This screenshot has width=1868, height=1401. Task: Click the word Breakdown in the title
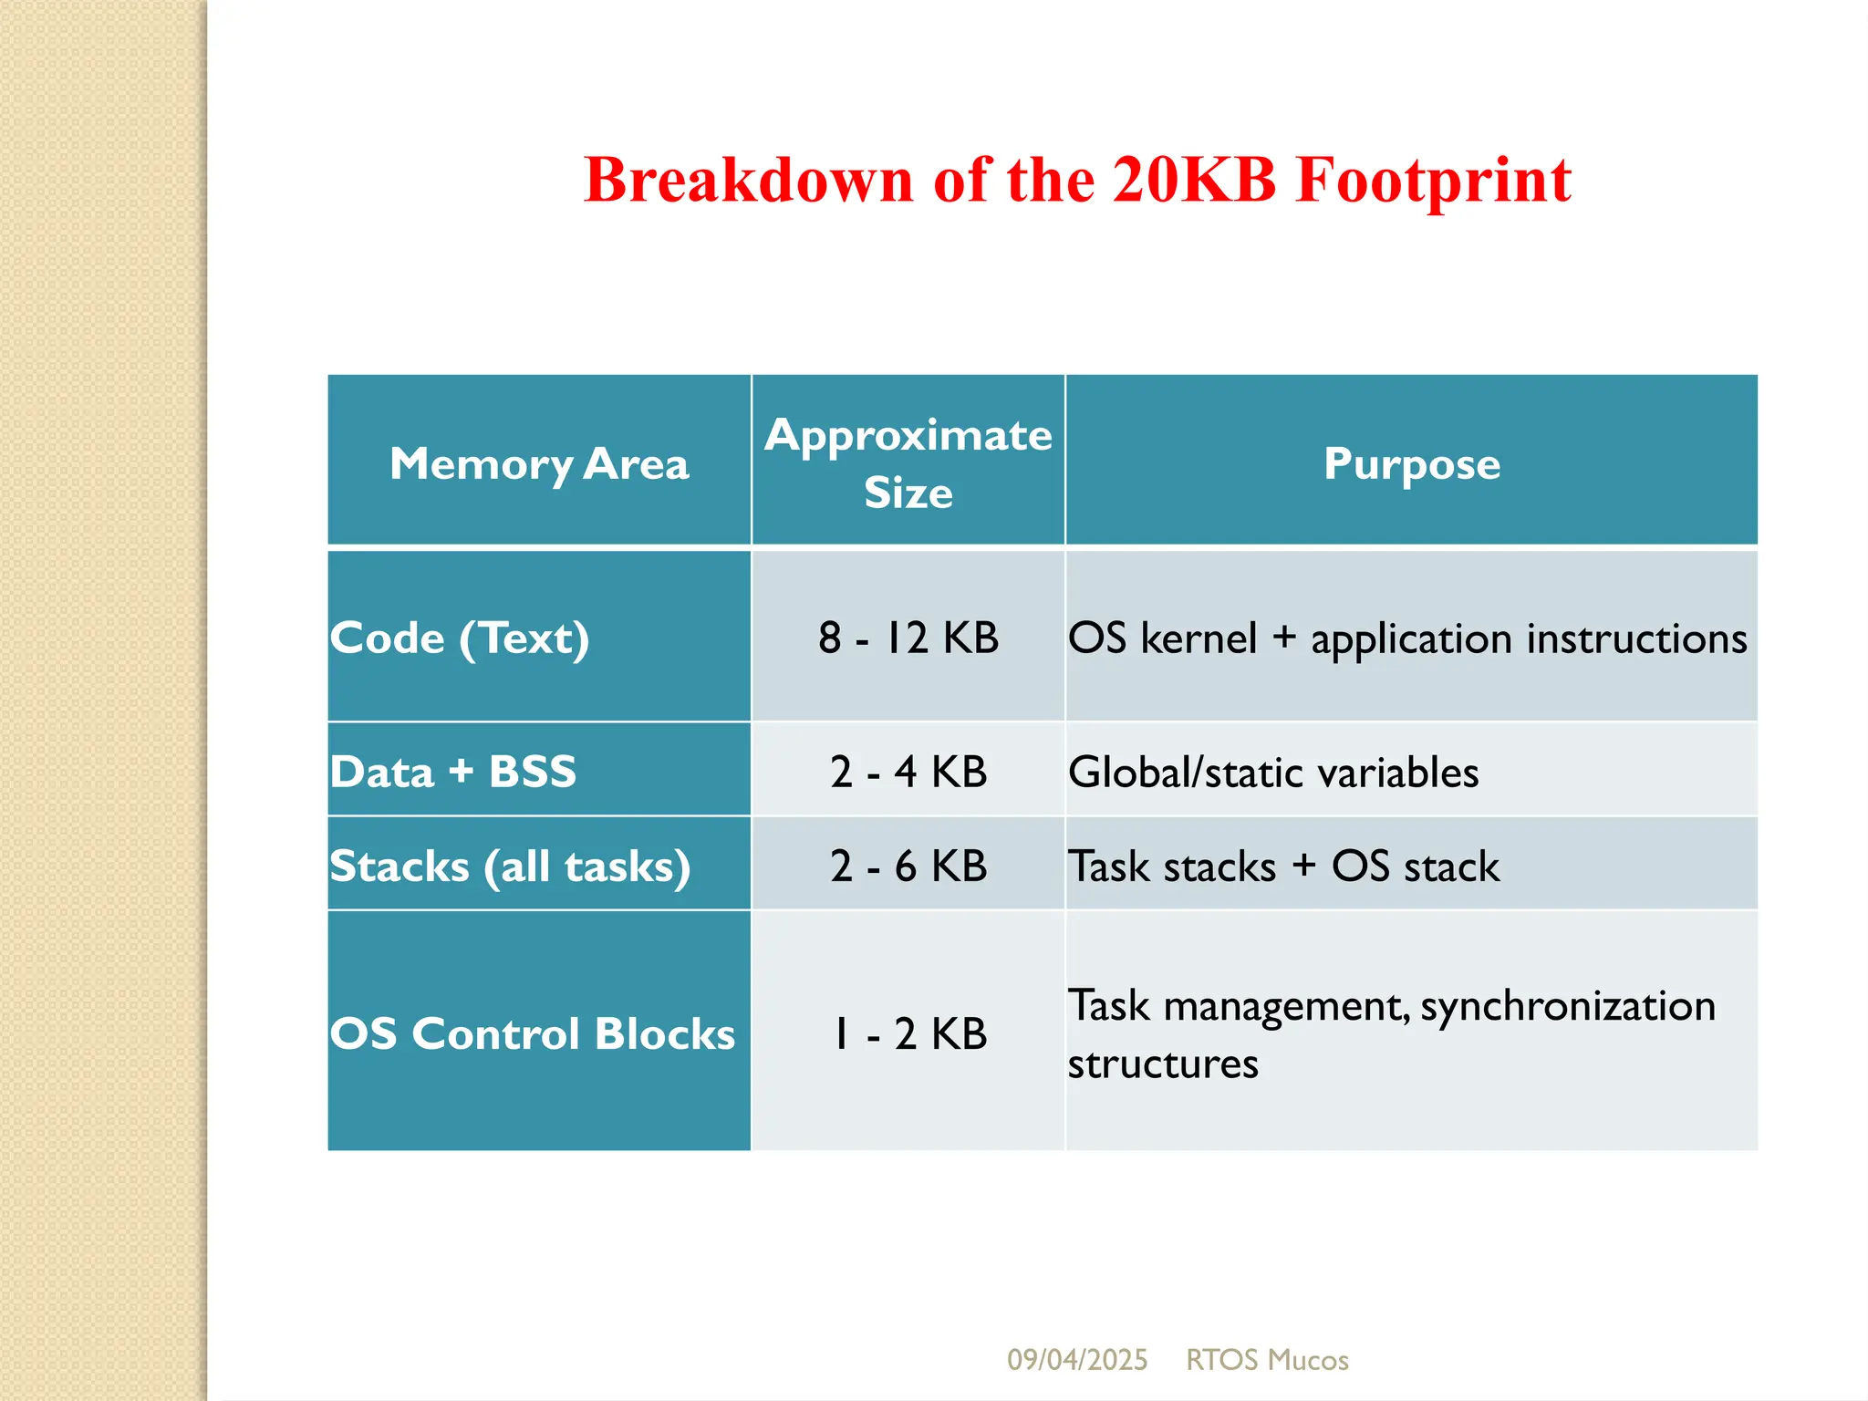748,180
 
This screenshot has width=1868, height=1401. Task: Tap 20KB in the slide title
1193,180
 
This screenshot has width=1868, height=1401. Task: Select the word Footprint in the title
1433,180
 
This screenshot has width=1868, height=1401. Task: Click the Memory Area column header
539,463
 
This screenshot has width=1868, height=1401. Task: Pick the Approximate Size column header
908,463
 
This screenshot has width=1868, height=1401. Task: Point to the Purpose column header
1411,463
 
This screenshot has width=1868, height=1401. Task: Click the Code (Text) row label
460,638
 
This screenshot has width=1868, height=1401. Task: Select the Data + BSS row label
453,772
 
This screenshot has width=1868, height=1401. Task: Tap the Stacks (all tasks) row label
510,866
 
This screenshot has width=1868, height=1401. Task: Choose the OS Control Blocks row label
533,1033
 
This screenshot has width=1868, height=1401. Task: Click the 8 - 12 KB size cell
908,638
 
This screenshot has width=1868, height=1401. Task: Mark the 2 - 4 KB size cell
908,772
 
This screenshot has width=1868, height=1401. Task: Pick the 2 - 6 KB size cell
908,866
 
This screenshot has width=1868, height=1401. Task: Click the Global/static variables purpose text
1273,773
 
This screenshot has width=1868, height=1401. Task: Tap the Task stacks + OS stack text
1283,867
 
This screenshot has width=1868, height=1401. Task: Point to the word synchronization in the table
1568,1006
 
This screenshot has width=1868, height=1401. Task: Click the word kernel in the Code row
1199,638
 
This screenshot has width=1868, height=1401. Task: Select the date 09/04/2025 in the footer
1077,1360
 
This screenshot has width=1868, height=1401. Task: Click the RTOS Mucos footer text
1267,1360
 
